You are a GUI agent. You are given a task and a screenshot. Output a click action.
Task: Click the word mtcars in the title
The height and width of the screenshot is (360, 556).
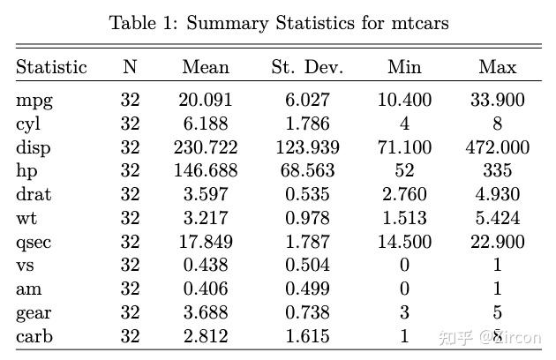[x=420, y=24]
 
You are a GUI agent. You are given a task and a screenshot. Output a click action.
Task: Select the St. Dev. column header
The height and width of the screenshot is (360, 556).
[x=307, y=67]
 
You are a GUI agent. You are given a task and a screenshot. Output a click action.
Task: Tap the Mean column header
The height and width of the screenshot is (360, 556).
[x=206, y=67]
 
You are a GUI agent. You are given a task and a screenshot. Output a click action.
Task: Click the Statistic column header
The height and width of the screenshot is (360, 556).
[x=51, y=67]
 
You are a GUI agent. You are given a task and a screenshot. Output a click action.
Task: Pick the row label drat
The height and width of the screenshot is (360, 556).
[x=34, y=194]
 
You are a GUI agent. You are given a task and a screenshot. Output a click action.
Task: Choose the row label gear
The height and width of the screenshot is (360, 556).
[x=34, y=313]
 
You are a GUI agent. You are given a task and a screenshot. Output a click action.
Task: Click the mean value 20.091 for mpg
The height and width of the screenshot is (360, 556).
[x=206, y=100]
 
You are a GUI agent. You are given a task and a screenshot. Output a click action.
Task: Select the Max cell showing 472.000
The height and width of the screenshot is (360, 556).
[x=498, y=147]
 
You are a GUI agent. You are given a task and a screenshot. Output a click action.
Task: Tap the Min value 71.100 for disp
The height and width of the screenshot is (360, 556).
[x=404, y=147]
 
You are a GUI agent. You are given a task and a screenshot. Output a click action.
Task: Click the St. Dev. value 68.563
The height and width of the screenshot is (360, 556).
[x=307, y=170]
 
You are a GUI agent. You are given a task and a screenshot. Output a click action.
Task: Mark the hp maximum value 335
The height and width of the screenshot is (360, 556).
[x=498, y=170]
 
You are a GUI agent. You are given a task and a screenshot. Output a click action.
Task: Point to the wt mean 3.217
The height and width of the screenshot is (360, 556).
[x=206, y=218]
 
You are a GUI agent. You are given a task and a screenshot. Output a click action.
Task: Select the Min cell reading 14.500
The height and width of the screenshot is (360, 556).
[x=404, y=242]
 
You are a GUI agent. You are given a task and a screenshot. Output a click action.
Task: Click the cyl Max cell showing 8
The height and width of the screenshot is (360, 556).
[x=498, y=124]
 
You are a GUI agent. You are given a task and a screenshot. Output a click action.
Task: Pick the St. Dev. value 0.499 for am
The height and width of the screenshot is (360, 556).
[x=307, y=289]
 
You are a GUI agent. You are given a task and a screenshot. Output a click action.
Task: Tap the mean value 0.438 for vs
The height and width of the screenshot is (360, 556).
[x=206, y=265]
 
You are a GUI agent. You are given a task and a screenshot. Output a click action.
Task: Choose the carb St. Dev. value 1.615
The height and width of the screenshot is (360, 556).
[x=307, y=336]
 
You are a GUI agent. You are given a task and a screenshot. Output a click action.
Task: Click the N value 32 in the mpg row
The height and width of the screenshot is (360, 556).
[x=130, y=100]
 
